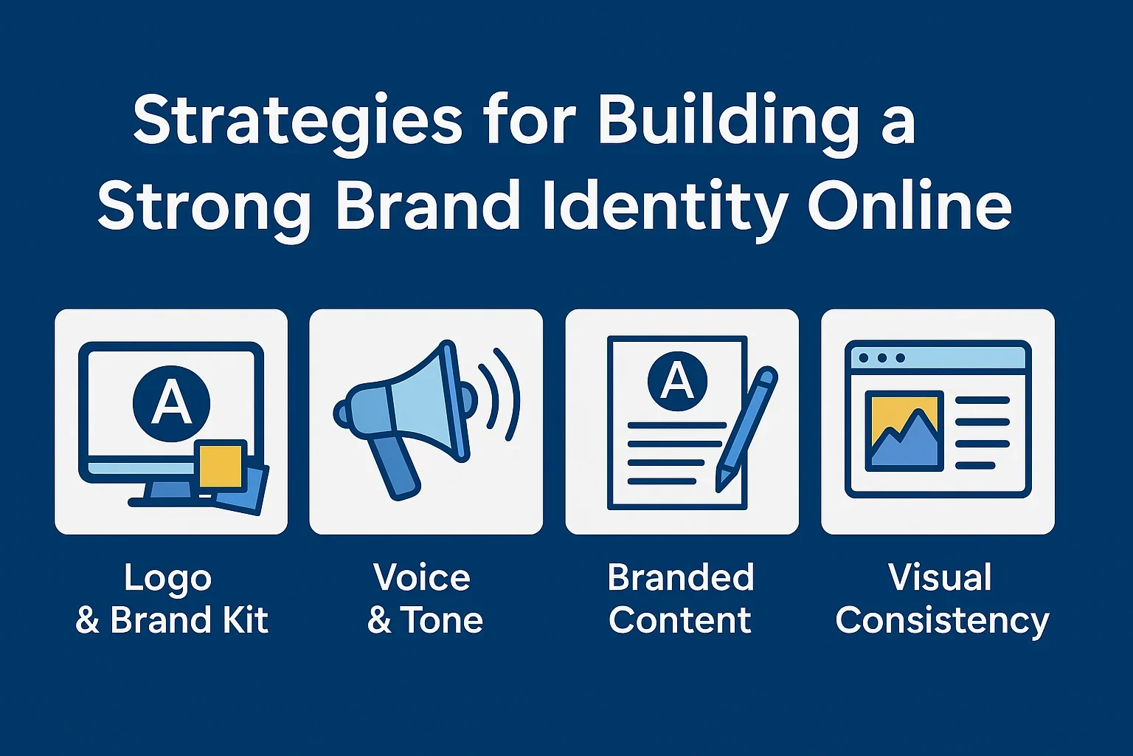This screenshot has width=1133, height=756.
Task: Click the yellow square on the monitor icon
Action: (219, 464)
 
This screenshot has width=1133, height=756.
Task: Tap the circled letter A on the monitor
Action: (171, 403)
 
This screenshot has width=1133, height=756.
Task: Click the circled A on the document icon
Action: (677, 382)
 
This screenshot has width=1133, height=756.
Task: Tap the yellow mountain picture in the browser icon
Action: (904, 431)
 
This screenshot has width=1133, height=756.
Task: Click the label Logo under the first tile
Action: (168, 577)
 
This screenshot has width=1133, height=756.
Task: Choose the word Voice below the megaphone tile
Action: (422, 577)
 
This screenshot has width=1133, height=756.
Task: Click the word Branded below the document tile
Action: (681, 577)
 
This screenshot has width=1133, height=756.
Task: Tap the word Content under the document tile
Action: (680, 620)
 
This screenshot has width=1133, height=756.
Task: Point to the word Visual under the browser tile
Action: (940, 577)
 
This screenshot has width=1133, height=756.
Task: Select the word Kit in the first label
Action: (246, 620)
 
